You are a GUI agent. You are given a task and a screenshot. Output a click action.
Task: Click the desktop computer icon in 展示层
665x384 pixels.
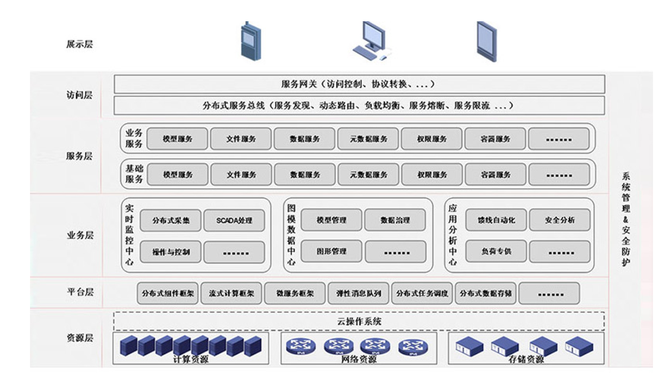pos(371,41)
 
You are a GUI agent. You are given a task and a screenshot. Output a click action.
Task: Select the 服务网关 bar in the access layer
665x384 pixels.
pos(359,84)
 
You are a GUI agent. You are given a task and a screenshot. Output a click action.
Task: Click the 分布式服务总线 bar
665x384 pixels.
pos(359,105)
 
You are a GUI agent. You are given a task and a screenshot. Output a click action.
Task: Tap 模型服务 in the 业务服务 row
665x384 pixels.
pos(177,139)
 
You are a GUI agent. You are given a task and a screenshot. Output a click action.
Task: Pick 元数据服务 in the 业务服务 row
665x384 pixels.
pos(368,139)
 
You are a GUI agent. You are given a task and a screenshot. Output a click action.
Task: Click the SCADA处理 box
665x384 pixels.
pos(234,220)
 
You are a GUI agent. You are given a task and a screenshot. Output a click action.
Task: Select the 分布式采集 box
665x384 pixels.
pos(171,220)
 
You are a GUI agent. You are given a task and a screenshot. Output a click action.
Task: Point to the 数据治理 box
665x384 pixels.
pos(395,220)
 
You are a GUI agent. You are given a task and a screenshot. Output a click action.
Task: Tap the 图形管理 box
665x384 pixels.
pos(331,252)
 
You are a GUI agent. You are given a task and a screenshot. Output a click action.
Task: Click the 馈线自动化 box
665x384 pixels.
pos(496,220)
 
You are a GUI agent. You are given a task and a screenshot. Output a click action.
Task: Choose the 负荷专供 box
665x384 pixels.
pos(496,252)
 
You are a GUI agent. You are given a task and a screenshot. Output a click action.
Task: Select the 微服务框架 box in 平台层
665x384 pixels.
pos(295,293)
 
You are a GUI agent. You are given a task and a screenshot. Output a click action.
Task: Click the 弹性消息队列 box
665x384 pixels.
pos(358,293)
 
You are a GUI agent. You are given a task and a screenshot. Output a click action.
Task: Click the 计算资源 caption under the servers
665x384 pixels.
pos(191,360)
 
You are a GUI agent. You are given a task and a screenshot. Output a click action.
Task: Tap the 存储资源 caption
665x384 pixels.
pos(526,360)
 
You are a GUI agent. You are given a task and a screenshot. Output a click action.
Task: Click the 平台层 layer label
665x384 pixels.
pos(80,292)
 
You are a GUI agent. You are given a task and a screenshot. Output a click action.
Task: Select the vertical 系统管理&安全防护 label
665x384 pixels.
pos(626,219)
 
